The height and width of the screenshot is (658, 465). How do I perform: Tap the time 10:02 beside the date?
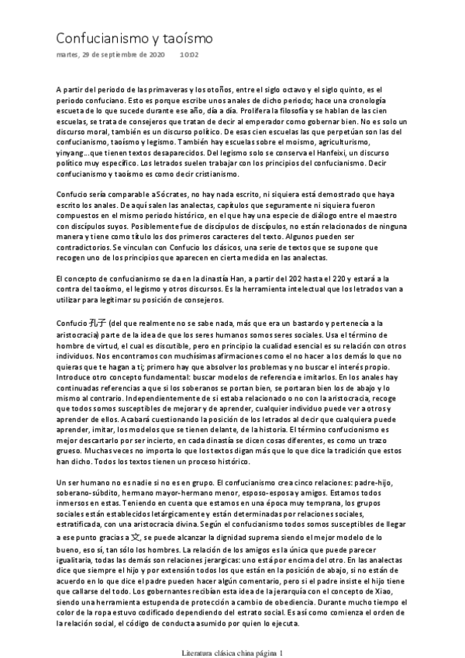[189, 56]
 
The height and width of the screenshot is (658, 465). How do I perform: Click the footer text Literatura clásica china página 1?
[232, 652]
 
